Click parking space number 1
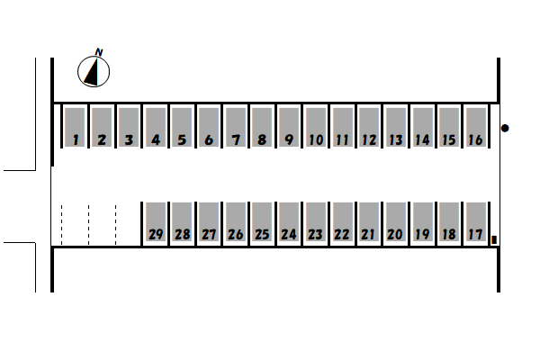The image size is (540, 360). coord(75,127)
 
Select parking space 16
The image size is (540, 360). coord(475,127)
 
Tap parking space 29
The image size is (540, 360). coord(156,221)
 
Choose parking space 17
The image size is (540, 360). coord(475,221)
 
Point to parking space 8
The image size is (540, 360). coord(262,127)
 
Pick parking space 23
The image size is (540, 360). coord(316,221)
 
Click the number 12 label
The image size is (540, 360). coord(369,139)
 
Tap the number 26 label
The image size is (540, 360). coord(235,235)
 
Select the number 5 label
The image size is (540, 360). coord(182,139)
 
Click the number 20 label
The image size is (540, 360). coord(395,235)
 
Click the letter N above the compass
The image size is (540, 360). coord(99,52)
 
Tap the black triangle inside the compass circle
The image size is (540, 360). coord(92,72)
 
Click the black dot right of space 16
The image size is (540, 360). coord(505,128)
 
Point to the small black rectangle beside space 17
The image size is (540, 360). coord(494,239)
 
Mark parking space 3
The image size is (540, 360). coord(128,127)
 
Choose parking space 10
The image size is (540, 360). coord(316,127)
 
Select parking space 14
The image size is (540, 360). coord(422,127)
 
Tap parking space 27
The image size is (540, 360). coord(209,221)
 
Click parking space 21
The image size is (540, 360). coord(369,221)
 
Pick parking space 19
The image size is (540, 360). coord(422,221)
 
